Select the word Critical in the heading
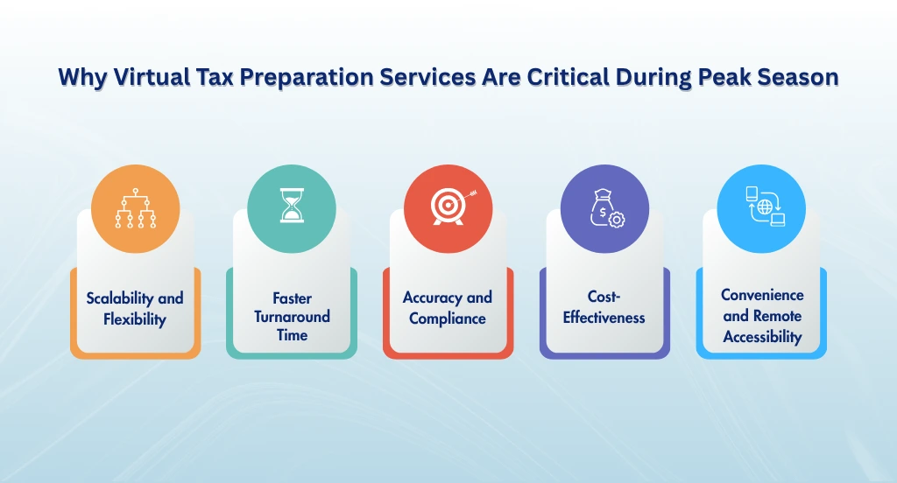click(568, 77)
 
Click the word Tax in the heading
click(215, 77)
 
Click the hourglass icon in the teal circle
click(292, 206)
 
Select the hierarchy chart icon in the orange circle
click(136, 208)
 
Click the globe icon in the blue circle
click(765, 206)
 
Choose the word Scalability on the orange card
click(119, 297)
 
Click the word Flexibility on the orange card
click(135, 319)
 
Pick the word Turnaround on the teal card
click(292, 316)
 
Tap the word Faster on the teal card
click(292, 297)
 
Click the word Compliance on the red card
click(448, 318)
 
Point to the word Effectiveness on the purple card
click(604, 318)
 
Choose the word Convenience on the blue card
click(762, 295)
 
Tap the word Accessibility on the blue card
click(762, 337)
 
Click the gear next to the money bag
click(616, 220)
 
